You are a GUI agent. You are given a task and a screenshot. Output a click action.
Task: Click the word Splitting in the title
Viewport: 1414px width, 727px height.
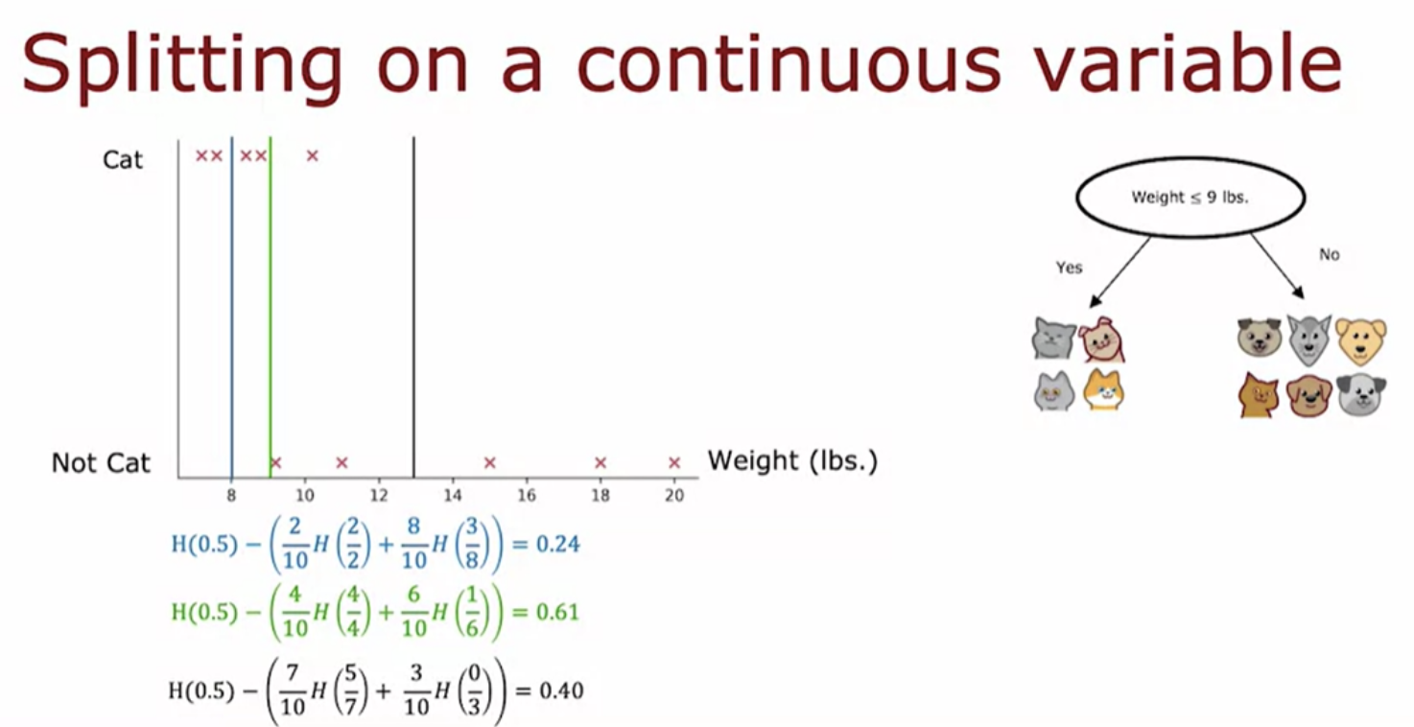click(182, 65)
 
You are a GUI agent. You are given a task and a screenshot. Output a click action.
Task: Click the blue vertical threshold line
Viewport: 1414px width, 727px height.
click(231, 307)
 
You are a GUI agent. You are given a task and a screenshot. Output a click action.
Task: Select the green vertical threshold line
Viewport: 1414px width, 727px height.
click(271, 307)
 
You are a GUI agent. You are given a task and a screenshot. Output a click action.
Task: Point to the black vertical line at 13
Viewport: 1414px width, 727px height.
click(413, 307)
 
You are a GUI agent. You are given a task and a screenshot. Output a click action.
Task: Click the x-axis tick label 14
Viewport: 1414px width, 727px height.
click(452, 496)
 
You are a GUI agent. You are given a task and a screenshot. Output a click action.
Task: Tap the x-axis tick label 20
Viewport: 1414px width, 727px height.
click(674, 496)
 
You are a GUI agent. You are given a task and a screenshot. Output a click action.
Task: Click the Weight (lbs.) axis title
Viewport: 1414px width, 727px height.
click(792, 461)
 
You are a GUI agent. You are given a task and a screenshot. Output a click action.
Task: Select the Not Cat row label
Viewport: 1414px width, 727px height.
click(101, 463)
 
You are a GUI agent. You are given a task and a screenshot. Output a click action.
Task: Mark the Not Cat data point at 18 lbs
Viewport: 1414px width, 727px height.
click(601, 462)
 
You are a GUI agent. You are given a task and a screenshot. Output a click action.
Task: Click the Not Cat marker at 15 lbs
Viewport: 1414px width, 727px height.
click(489, 462)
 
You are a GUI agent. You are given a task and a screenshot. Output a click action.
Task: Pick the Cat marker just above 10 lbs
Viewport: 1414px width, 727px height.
click(313, 155)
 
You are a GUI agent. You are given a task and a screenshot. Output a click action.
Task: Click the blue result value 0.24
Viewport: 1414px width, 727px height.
click(557, 544)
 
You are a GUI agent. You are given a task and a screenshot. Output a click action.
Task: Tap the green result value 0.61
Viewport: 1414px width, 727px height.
click(557, 612)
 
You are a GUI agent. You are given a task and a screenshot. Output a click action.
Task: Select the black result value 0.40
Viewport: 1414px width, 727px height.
click(561, 691)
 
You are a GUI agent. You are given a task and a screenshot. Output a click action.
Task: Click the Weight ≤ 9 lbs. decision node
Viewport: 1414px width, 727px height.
click(1190, 198)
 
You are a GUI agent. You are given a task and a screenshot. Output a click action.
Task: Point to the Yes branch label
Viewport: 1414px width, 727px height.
click(1069, 268)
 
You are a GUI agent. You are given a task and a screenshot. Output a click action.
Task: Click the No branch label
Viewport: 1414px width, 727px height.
click(1329, 254)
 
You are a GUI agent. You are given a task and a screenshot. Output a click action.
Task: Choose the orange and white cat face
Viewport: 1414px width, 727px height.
click(1103, 389)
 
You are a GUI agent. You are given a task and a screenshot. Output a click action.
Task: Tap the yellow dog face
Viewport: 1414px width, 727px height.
click(1360, 340)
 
